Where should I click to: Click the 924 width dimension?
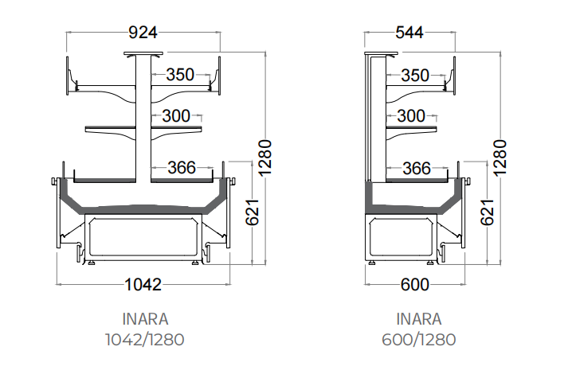point(143,33)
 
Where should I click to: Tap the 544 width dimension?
point(409,33)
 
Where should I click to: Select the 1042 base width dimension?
point(143,285)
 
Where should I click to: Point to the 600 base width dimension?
point(415,285)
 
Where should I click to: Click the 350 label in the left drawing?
point(180,75)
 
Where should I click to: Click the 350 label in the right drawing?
point(415,76)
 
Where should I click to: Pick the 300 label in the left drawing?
point(176,116)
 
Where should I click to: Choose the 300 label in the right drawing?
point(411,116)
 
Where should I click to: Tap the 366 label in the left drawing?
point(182,168)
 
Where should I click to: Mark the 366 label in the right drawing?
point(417,169)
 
